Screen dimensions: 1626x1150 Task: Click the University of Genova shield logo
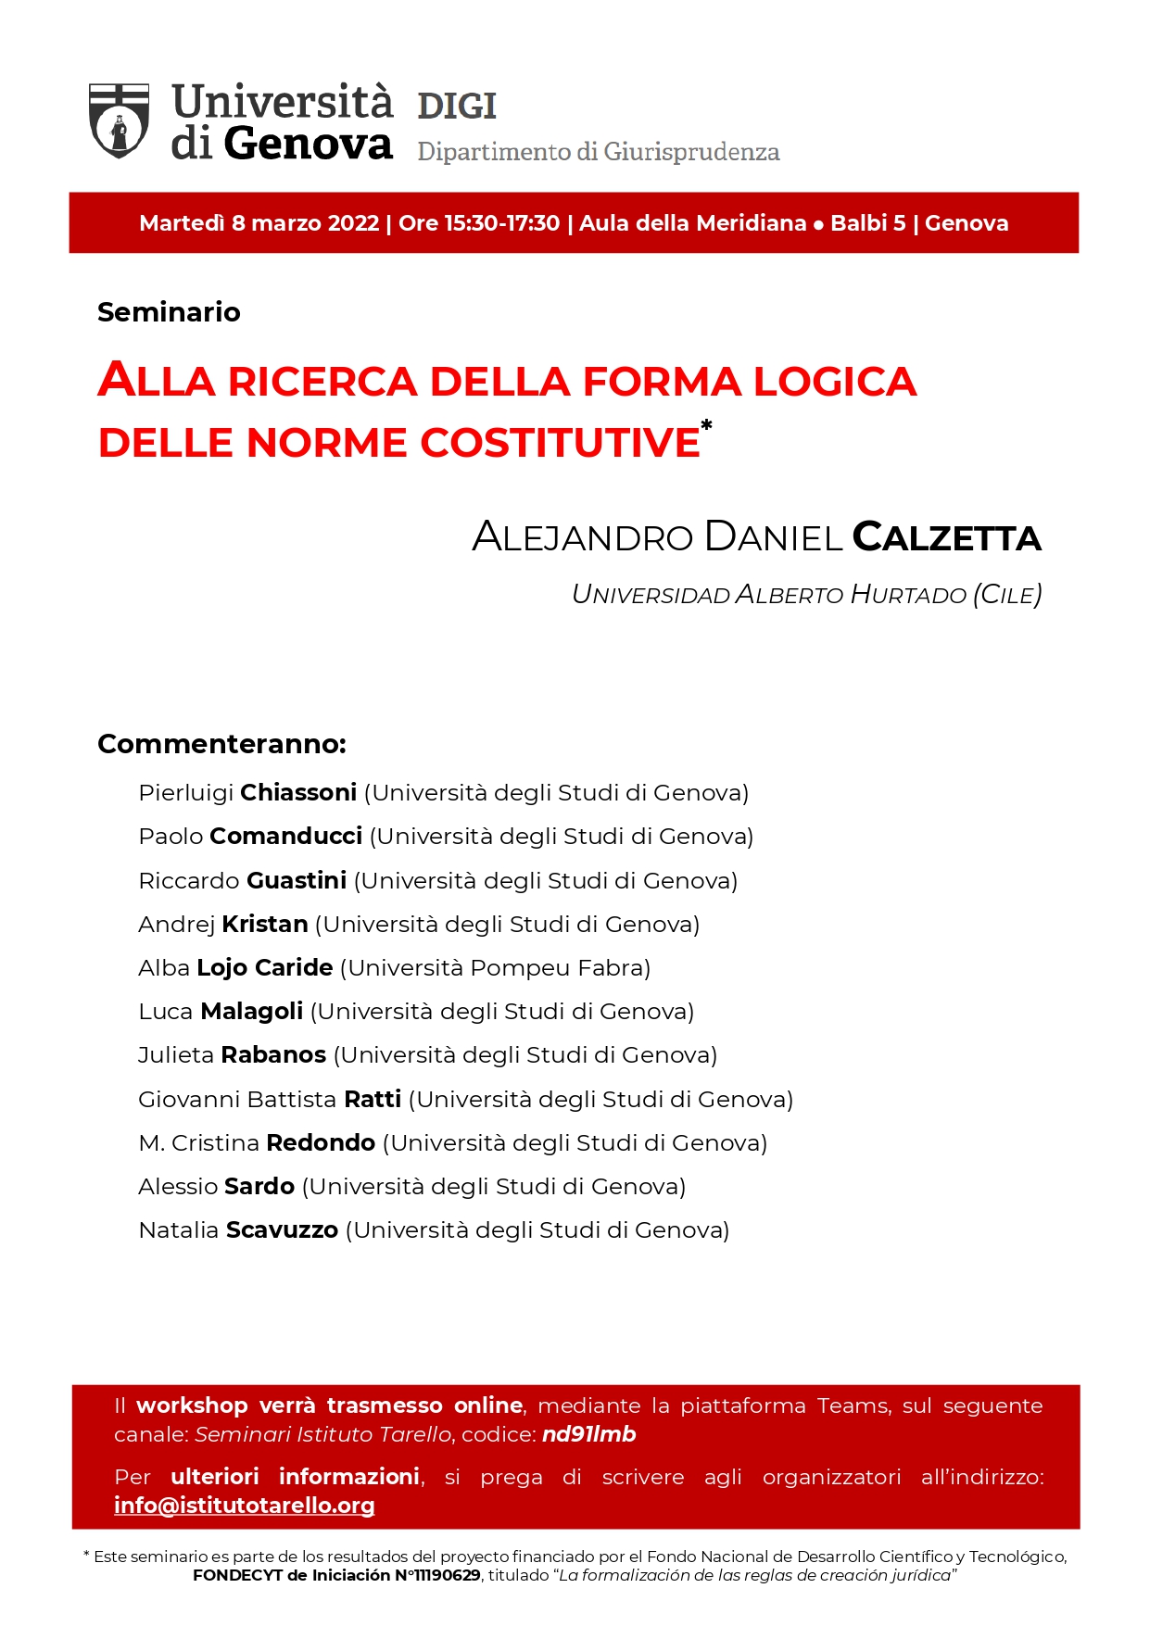[x=119, y=120]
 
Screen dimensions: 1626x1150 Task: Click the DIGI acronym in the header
[x=457, y=107]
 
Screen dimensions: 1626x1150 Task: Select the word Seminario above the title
[x=169, y=312]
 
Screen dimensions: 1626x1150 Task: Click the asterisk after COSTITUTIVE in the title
[x=706, y=425]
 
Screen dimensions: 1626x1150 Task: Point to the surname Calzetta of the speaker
[x=946, y=537]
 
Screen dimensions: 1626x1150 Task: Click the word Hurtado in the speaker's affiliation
[x=908, y=595]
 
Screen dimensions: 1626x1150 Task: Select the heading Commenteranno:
[x=221, y=744]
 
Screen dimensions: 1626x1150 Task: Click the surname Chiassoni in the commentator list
[x=298, y=793]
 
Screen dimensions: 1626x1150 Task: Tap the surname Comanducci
[x=285, y=837]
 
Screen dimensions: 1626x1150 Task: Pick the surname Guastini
[x=297, y=880]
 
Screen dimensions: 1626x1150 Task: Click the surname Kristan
[x=265, y=924]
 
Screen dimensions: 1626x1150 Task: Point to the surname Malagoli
[x=251, y=1012]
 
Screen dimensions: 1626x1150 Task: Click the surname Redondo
[x=321, y=1143]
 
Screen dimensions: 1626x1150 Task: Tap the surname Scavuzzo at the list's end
[x=282, y=1230]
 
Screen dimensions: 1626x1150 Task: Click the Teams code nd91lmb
[x=588, y=1434]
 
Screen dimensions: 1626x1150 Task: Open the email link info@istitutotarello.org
[x=244, y=1506]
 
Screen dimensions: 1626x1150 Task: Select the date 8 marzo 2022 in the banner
[x=305, y=223]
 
